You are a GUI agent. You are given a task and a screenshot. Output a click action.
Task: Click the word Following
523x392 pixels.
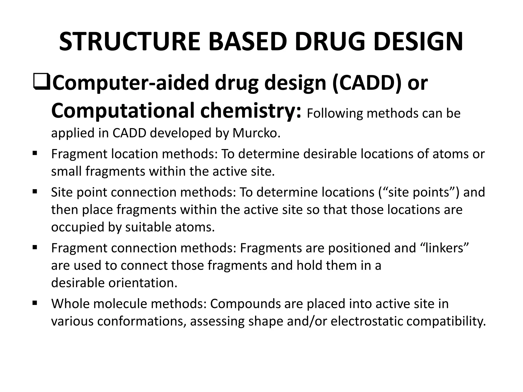pos(335,113)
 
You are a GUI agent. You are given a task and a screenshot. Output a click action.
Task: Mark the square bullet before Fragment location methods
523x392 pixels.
pos(35,153)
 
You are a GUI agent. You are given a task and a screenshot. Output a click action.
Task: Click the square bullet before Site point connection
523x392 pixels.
pos(35,191)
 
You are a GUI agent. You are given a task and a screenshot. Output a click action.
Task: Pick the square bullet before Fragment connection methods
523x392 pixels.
pos(35,247)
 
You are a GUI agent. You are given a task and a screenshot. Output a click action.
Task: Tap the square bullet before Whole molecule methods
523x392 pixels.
pos(35,303)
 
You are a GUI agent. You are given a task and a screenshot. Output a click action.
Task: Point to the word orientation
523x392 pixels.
pos(143,283)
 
